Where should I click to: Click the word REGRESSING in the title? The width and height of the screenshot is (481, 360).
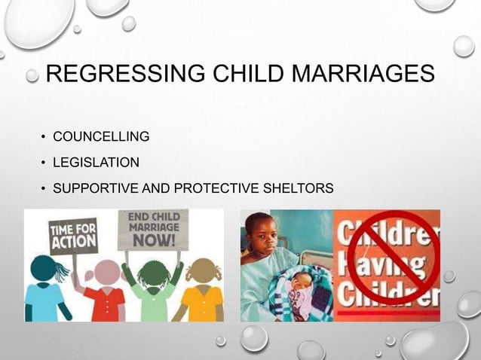click(x=123, y=75)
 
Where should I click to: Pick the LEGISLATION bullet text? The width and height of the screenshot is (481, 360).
click(x=96, y=162)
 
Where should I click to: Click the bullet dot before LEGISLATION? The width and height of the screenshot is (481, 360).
click(x=44, y=163)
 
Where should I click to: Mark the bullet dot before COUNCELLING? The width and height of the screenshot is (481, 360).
click(x=44, y=138)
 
